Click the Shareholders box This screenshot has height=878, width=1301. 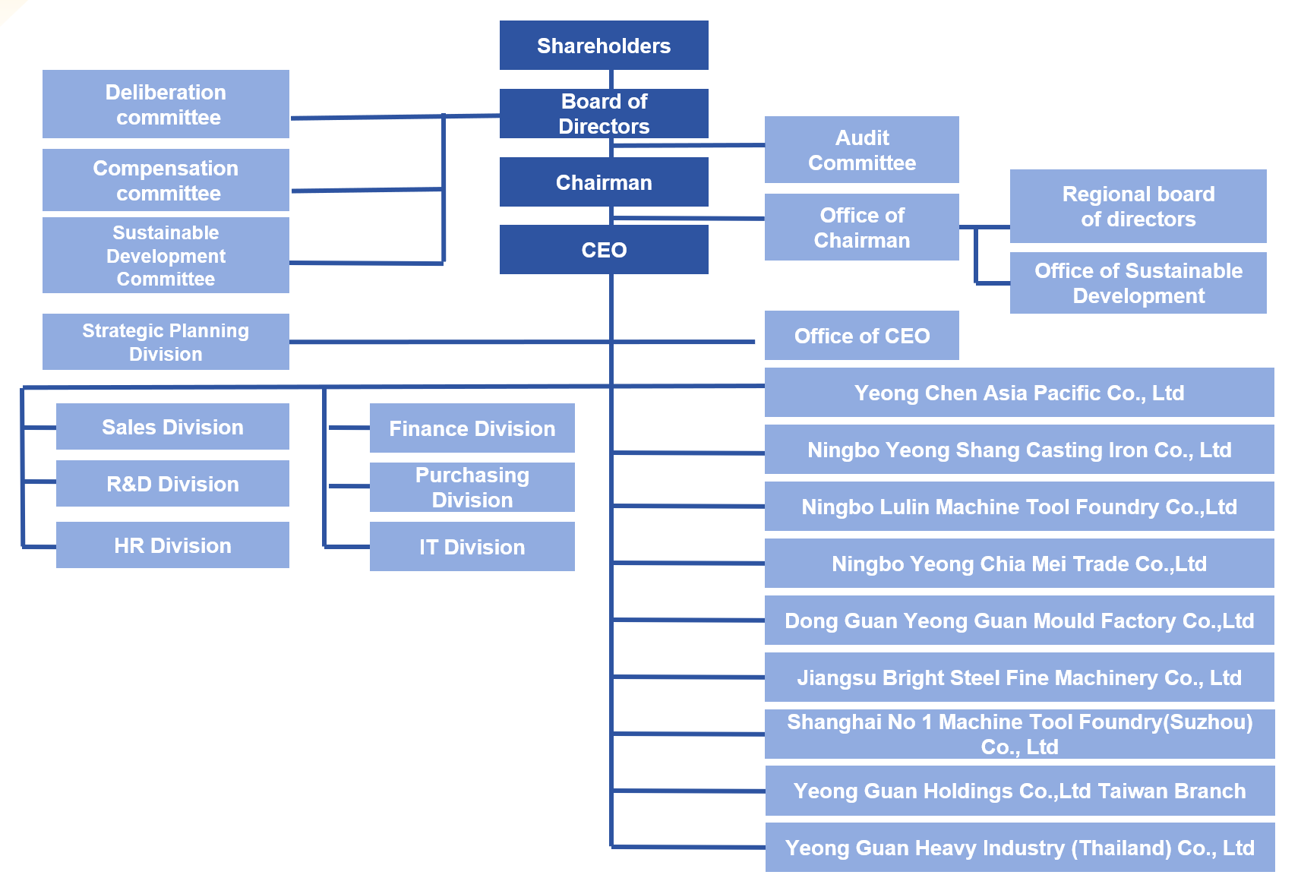[604, 46]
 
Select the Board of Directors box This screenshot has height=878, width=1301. [604, 113]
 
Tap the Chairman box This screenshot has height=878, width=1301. [604, 182]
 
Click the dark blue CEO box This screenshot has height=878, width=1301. [604, 250]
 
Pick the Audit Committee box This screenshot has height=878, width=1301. [861, 150]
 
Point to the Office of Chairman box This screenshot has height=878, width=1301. [861, 227]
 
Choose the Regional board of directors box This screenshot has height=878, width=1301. [1138, 206]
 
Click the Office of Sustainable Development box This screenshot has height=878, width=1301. [1138, 283]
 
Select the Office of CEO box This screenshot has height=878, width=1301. [861, 336]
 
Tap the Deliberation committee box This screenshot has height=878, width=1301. [166, 104]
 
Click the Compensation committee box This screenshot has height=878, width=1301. [166, 180]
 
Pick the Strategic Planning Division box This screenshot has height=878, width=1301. [166, 342]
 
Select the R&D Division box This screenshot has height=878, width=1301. [172, 484]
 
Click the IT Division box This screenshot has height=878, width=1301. [472, 547]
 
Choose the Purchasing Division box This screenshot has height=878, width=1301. [472, 487]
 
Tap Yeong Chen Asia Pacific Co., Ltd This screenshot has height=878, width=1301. [1018, 393]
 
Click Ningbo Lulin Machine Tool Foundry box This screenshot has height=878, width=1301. [1018, 507]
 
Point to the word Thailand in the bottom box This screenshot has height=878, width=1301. [1121, 848]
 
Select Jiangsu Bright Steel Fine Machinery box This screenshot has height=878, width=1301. [1018, 677]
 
